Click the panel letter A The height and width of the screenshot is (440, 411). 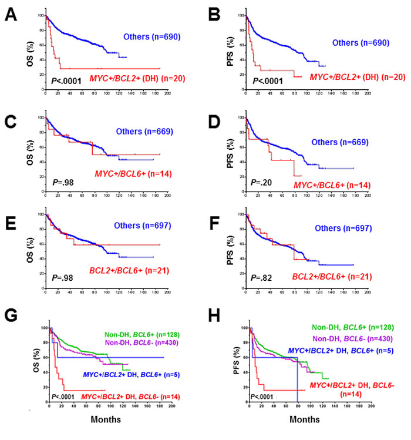(x=11, y=15)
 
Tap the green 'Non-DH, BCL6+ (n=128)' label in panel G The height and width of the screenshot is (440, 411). (x=139, y=334)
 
